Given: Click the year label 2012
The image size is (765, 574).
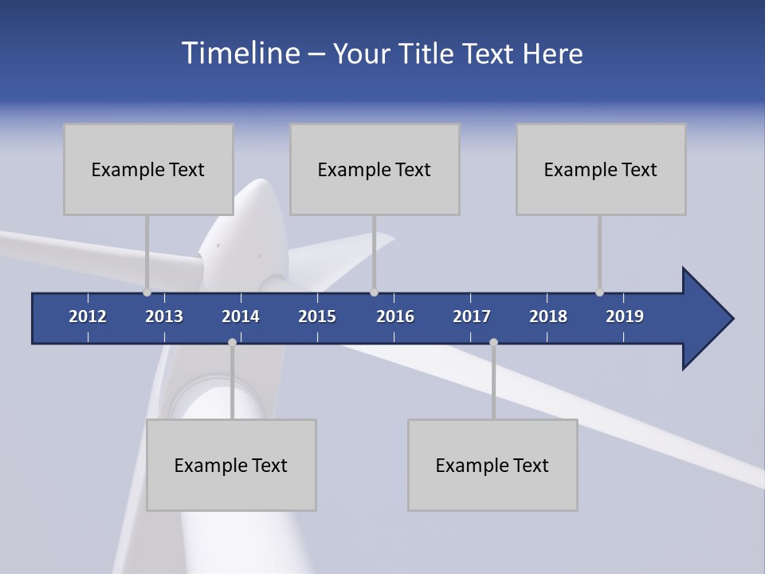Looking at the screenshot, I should pos(88,316).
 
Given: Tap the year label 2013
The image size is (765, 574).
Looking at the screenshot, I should pos(164,316).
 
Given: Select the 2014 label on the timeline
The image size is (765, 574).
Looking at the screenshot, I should pos(241,316).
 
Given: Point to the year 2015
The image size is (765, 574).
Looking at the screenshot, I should pos(317,316).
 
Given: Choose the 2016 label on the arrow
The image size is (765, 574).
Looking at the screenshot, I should pos(395,316).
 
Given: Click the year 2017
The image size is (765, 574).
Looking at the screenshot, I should pos(472,316).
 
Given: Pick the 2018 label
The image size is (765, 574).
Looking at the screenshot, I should pos(548,316).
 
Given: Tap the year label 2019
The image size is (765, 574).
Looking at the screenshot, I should pos(625,316).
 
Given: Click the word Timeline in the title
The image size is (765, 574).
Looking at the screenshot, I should pos(239,53).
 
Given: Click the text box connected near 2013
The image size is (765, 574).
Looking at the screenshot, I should pos(148,169).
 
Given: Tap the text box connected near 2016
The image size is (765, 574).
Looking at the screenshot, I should pos(375,169).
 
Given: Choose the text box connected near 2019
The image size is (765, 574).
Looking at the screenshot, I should pos(601,169).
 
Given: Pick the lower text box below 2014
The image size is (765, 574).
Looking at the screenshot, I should pos(231,465).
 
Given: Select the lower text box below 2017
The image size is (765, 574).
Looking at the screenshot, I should pos(492,465).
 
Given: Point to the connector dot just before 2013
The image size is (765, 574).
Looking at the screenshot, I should pos(147,293).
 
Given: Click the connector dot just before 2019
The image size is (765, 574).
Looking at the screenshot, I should pos(600,293).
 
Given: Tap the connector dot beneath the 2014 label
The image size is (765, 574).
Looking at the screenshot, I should pos(232,343).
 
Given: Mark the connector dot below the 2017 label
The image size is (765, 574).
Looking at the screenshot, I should pos(493,343).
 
